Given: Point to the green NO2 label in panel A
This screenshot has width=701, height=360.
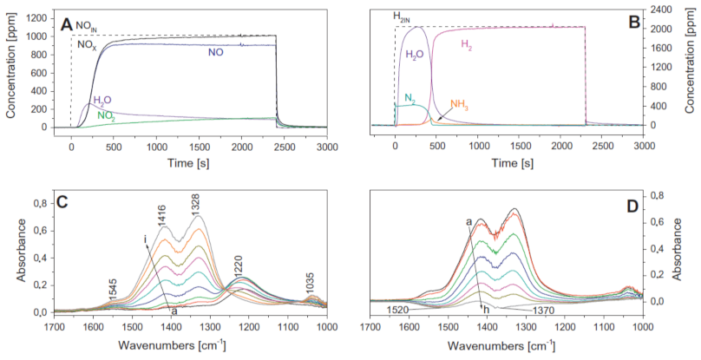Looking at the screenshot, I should click(108, 115).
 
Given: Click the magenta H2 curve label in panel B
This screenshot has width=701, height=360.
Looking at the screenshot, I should click(467, 44).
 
